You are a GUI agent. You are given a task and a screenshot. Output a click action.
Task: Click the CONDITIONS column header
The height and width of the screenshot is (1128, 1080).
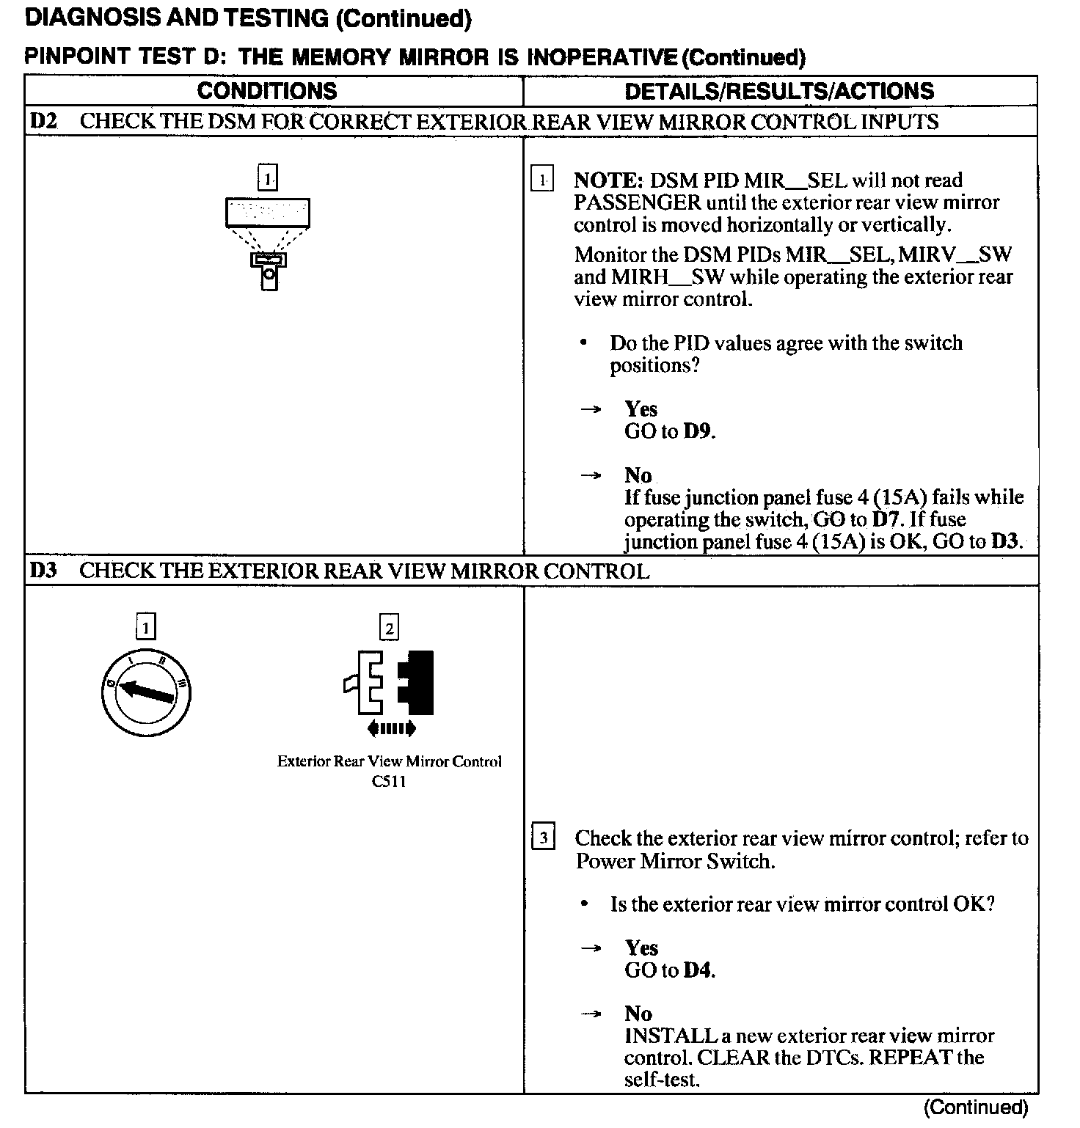tap(267, 91)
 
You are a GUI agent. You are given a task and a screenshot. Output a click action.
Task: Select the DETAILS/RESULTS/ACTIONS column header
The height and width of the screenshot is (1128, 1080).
tap(779, 91)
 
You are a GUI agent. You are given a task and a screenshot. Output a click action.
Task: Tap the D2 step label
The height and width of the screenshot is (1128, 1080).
tap(43, 121)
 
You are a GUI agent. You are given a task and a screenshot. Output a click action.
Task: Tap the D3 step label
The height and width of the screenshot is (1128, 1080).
tap(43, 571)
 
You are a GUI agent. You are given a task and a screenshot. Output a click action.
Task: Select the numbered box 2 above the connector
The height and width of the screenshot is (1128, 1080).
tap(389, 628)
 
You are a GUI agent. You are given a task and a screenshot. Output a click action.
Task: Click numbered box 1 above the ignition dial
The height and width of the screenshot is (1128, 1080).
tap(146, 627)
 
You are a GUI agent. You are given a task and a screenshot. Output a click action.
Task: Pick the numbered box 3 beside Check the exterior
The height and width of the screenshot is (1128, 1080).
tap(542, 838)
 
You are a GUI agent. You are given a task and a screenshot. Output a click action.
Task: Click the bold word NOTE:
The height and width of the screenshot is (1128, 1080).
tap(608, 180)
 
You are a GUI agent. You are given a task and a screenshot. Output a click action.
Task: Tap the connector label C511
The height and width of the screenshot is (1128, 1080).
tap(389, 782)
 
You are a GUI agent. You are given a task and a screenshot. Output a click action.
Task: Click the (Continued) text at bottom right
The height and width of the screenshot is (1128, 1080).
tap(976, 1107)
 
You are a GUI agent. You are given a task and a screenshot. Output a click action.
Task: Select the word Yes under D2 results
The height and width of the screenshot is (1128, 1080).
tap(641, 409)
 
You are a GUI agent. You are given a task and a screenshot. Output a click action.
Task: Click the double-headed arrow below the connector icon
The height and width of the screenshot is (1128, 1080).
tap(391, 728)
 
